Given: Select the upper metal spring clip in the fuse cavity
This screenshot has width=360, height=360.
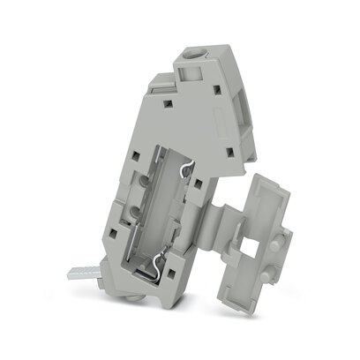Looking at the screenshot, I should [189, 170].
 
